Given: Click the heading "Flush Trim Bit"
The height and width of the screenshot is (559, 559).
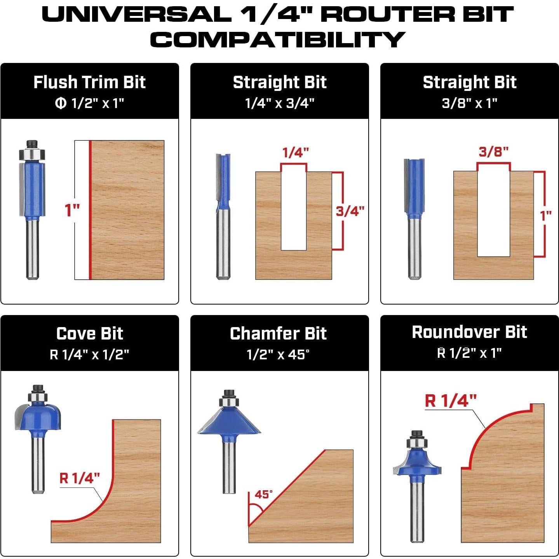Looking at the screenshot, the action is [x=89, y=82].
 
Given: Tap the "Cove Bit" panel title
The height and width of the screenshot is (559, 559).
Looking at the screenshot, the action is [x=90, y=334].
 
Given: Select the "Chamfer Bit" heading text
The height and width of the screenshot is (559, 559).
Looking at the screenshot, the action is [x=278, y=334].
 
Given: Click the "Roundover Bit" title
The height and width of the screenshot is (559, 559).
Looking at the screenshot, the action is [x=469, y=332].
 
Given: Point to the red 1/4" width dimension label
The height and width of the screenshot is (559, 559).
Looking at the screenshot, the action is [x=296, y=153].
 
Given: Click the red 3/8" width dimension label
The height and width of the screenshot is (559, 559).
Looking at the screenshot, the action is [x=493, y=152].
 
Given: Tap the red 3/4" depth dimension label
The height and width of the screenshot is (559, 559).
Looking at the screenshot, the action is [x=350, y=211].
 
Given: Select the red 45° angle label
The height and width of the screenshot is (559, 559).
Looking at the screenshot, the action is [x=264, y=494].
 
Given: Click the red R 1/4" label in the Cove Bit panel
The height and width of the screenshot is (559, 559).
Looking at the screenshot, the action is [x=80, y=478].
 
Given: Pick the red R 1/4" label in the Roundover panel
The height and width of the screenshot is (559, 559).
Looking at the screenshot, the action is [x=451, y=401].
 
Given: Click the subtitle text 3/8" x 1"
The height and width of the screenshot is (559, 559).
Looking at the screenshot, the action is [x=469, y=103].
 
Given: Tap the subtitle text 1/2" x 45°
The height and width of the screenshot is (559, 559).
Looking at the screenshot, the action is [x=278, y=355].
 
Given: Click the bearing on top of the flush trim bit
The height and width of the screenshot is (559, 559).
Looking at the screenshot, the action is [x=32, y=154].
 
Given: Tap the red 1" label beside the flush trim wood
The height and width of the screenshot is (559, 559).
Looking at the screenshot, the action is [x=72, y=210].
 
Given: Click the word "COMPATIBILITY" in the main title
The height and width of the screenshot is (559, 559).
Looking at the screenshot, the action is [x=278, y=40].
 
